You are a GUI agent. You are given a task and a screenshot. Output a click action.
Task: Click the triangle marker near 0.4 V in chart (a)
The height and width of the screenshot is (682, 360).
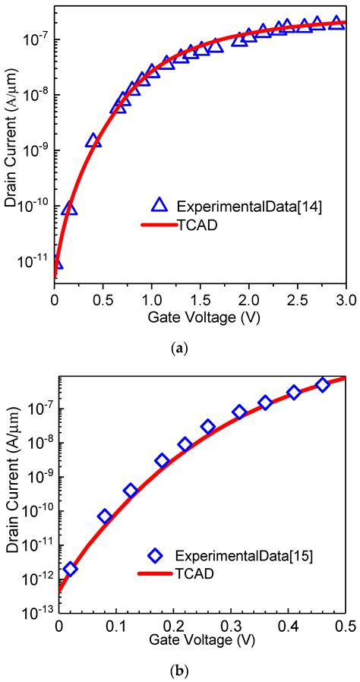point(93,141)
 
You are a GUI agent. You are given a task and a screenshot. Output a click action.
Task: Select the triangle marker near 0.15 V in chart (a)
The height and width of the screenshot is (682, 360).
point(69,208)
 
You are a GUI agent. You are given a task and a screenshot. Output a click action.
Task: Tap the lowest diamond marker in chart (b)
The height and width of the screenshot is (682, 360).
point(70,569)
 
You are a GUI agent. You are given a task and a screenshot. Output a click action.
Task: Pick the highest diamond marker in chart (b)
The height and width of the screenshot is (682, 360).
point(323,385)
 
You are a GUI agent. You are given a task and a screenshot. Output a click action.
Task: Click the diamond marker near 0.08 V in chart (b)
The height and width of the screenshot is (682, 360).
point(105,516)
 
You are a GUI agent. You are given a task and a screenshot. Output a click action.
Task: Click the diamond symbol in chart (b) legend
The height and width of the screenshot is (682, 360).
point(156,557)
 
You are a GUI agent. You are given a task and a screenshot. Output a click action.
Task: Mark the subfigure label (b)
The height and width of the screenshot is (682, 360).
point(180,671)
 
